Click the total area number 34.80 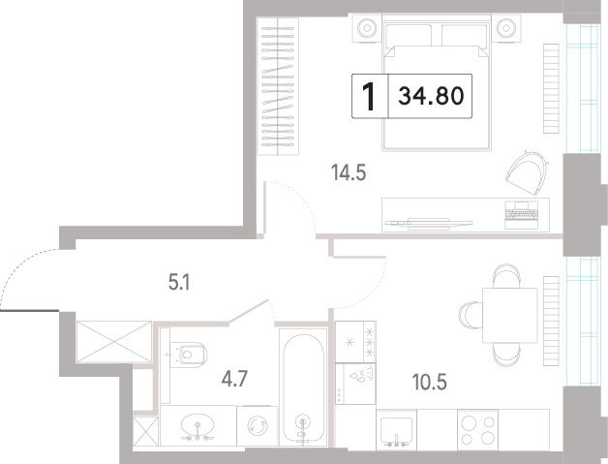coord(431,96)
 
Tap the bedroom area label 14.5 coord(349,172)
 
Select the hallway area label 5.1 coord(179,283)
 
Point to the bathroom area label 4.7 coord(234,379)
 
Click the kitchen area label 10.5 coord(429,382)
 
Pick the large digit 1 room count coord(369,96)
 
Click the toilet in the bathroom coord(189,355)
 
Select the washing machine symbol coord(258,425)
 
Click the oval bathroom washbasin coord(198,425)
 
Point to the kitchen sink coord(396,430)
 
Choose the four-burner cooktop coord(477,430)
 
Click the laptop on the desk coord(522,214)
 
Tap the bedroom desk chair coord(527,172)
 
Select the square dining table coord(509,315)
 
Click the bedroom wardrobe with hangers coord(278,86)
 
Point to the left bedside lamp coord(367,28)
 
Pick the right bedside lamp coord(506,28)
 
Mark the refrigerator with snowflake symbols coord(355,342)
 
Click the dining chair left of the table coord(471,316)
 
